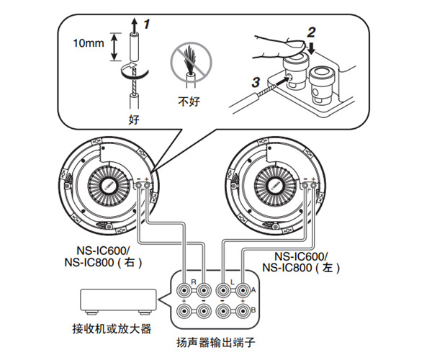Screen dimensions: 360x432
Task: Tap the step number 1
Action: coord(147,24)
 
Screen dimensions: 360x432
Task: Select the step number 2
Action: coord(311,32)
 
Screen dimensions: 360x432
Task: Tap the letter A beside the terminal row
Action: coord(253,289)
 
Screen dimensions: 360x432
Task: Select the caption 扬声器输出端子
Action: coord(215,343)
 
